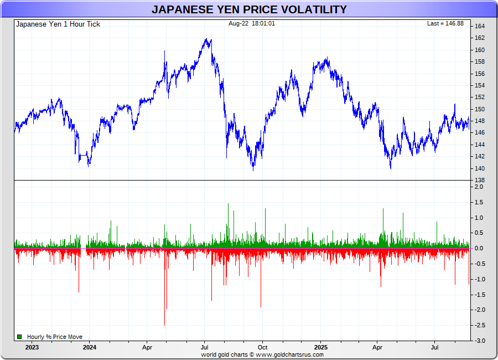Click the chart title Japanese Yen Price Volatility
pos(249,9)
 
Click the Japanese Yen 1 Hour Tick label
pos(58,24)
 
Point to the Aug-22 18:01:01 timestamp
pos(252,23)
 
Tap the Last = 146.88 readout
pos(445,23)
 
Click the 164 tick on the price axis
pos(480,26)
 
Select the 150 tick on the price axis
pos(480,109)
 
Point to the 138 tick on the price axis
pos(480,181)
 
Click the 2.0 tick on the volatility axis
pos(479,187)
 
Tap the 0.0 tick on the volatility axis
pos(479,249)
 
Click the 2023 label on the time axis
pos(32,347)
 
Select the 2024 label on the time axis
pos(90,347)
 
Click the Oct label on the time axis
pos(263,347)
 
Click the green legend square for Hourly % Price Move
pos(19,337)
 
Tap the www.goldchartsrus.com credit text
pos(289,354)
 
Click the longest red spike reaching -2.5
pos(165,325)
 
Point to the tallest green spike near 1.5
pos(227,204)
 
